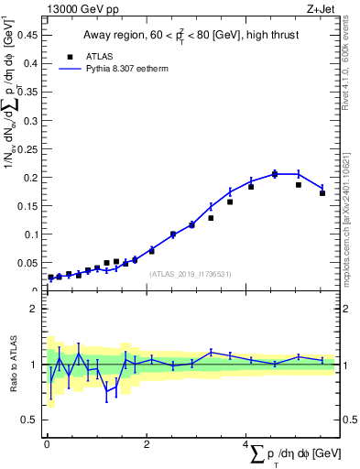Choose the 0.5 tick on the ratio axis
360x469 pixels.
pyautogui.click(x=29, y=420)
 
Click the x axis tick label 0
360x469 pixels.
pyautogui.click(x=47, y=444)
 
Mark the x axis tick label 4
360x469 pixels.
pyautogui.click(x=246, y=444)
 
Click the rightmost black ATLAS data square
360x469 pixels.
pyautogui.click(x=322, y=193)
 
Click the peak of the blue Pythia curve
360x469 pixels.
pyautogui.click(x=275, y=173)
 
